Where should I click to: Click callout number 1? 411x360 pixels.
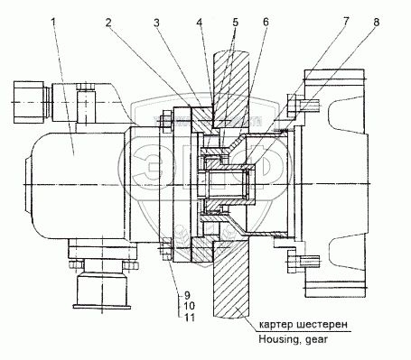point(53,23)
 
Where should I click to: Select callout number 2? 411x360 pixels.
point(108,23)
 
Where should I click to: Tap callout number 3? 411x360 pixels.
point(156,23)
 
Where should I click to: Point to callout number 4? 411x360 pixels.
point(200,23)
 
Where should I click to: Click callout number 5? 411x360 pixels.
point(235,23)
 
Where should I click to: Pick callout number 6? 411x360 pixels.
point(266,23)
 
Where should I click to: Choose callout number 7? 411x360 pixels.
point(346,23)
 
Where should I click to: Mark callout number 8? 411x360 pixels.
point(376,23)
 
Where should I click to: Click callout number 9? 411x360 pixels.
point(187,295)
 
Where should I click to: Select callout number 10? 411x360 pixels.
point(189,306)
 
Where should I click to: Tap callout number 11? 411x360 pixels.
point(189,318)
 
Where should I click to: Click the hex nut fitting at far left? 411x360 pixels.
point(29,102)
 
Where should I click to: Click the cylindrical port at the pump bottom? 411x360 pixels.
point(102,289)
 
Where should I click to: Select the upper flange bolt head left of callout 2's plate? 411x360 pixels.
point(164,121)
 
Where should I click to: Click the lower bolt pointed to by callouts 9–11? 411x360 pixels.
point(164,249)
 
